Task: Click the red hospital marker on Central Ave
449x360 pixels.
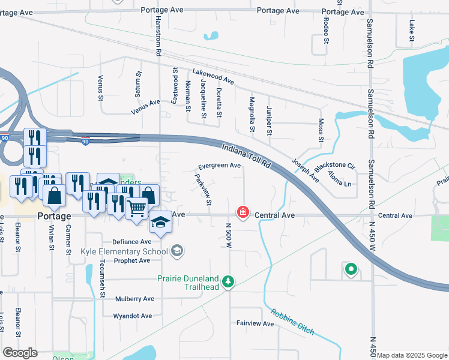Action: coord(243,213)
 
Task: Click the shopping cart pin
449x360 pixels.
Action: coord(137,209)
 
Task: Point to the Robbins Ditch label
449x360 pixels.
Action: coord(292,322)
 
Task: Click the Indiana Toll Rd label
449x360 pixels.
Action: coord(247,156)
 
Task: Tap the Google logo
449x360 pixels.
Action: coord(20,353)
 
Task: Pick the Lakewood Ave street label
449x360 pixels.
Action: coord(212,77)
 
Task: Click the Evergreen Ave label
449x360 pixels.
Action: coord(220,166)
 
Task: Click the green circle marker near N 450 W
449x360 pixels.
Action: coord(351,269)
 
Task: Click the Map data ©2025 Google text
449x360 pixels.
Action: coord(412,355)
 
